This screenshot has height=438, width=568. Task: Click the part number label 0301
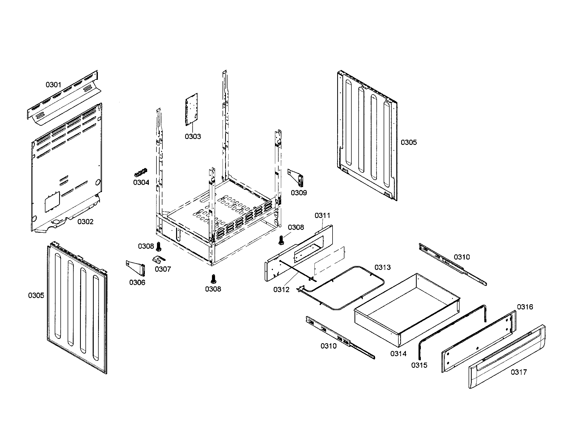click(x=53, y=85)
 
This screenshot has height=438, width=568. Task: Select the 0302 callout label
click(x=85, y=222)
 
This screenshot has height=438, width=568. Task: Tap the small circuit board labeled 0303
click(x=191, y=109)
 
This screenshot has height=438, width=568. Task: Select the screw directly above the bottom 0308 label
click(x=213, y=279)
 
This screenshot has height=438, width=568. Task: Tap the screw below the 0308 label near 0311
click(x=281, y=240)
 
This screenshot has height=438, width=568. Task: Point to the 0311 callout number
click(x=322, y=215)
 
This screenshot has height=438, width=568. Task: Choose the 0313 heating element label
click(x=382, y=267)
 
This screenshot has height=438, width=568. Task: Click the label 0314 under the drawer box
click(x=398, y=354)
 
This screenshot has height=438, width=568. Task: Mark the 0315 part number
click(x=419, y=365)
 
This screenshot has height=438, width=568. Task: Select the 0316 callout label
click(x=525, y=307)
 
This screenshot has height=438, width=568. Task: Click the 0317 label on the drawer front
click(x=519, y=372)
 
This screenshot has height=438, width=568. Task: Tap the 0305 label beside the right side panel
click(x=409, y=142)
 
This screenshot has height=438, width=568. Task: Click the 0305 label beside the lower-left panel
click(x=36, y=295)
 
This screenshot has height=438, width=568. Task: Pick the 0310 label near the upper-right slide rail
click(x=462, y=257)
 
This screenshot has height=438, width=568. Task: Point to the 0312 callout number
click(x=281, y=290)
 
